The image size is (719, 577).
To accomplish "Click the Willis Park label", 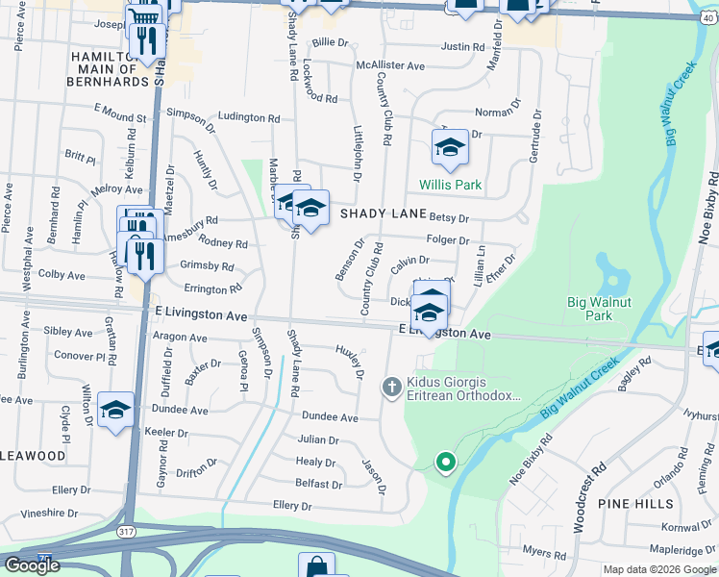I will [450, 185].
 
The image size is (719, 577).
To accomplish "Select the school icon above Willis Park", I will [450, 148].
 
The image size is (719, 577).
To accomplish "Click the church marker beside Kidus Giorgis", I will [391, 388].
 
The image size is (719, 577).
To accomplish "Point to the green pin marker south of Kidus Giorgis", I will [445, 463].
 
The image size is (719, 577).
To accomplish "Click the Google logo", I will [32, 565].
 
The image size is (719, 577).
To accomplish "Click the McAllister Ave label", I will [389, 65].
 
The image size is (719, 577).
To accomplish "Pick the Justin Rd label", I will [462, 46].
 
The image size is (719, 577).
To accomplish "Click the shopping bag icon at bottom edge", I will [316, 566].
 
